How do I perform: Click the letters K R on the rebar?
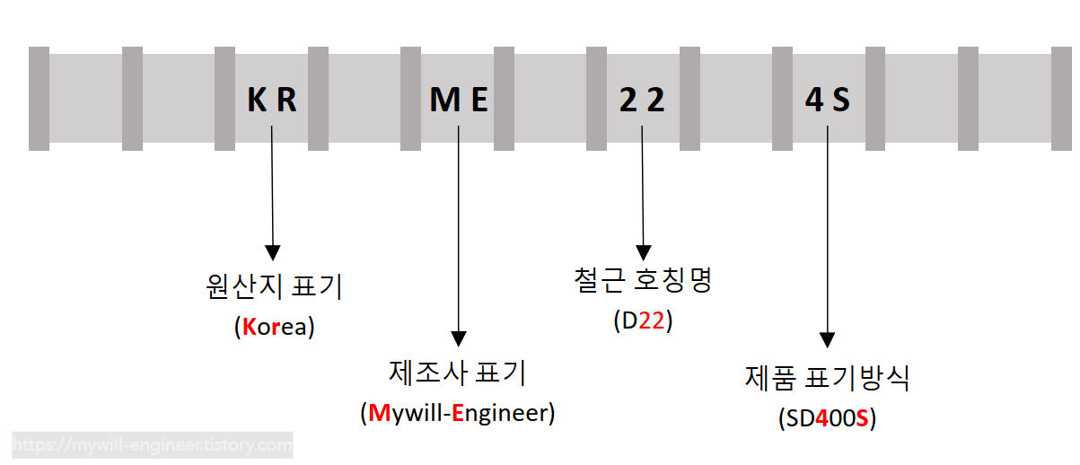[x=272, y=100]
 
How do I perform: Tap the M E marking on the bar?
[x=459, y=100]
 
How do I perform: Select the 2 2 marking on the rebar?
[x=643, y=100]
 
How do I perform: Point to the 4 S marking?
[x=828, y=100]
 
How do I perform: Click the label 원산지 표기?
[x=274, y=287]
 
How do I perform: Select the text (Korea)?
[x=274, y=327]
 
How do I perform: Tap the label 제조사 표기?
[x=459, y=373]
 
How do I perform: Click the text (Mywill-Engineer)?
[x=458, y=413]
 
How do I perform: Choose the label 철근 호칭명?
[x=643, y=281]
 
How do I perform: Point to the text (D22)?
[x=643, y=320]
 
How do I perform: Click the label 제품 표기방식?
[x=828, y=378]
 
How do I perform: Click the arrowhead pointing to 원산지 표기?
[x=272, y=251]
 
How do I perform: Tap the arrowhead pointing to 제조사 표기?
[x=459, y=338]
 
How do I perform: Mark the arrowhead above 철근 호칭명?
[x=643, y=250]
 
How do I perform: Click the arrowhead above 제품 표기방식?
[x=828, y=339]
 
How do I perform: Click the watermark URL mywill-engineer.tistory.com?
[x=153, y=444]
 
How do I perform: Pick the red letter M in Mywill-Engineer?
[x=379, y=413]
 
